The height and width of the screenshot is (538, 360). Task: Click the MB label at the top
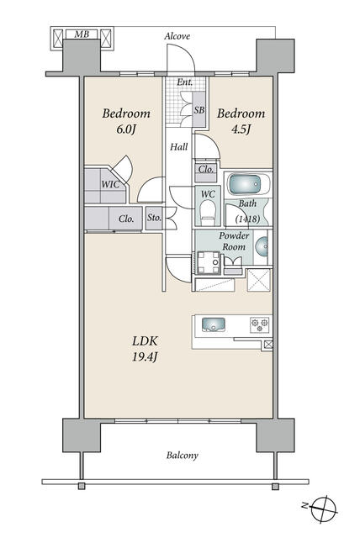point(82,34)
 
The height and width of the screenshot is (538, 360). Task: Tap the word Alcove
point(177,36)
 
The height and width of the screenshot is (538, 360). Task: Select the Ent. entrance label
point(185,82)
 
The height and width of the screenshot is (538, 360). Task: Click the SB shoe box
point(199,110)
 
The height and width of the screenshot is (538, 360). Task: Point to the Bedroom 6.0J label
point(126,121)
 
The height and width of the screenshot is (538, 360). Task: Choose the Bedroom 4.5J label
point(241,121)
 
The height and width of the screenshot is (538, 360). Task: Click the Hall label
point(179,147)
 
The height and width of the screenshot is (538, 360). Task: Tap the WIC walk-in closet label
point(110,184)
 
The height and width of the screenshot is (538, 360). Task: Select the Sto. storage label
point(154,218)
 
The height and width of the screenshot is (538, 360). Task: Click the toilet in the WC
point(207,213)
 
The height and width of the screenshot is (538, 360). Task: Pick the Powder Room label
point(234,241)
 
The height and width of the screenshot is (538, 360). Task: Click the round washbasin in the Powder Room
point(262,246)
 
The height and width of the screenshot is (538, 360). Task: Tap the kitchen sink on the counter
point(214,324)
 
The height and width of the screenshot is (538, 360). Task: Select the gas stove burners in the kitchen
point(259,324)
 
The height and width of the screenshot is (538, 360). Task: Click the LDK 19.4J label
point(145,349)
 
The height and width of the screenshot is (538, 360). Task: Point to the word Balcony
point(183,456)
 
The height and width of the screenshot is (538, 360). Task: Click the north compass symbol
point(323,509)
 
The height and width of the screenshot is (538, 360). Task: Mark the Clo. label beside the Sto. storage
point(126,219)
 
